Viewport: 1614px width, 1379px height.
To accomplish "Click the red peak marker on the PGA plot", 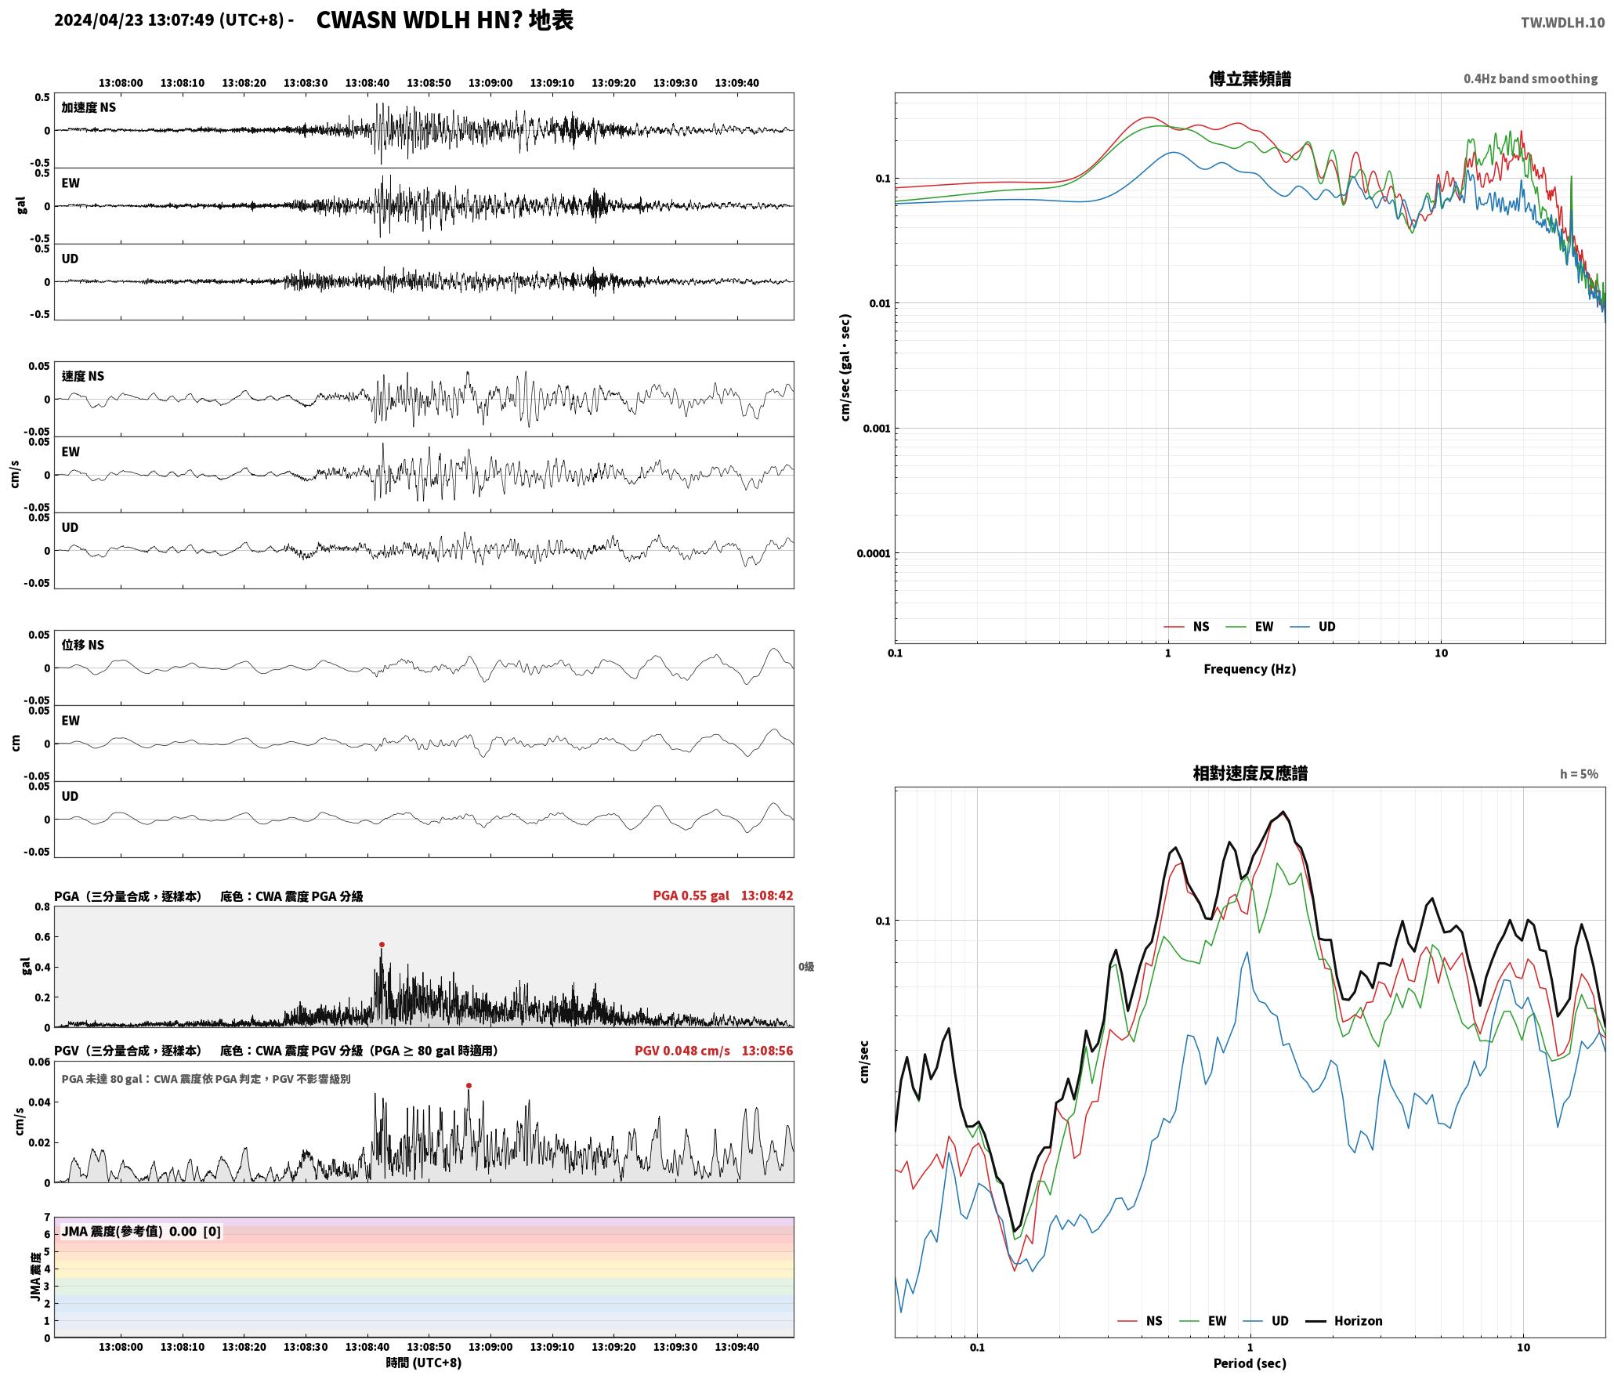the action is point(382,945).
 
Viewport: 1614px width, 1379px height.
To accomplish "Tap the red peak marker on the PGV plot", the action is point(469,1086).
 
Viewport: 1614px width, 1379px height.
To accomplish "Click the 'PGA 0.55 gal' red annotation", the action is point(691,896).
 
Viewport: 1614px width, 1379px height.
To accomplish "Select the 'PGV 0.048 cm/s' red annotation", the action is point(682,1051).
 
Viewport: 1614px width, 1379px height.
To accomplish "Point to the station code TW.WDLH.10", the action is point(1562,23).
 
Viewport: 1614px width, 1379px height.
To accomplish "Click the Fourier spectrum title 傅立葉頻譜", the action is point(1250,79).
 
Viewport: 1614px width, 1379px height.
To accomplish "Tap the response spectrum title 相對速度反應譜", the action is point(1250,773).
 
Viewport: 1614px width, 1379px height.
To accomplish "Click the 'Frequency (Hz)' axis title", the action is point(1250,669).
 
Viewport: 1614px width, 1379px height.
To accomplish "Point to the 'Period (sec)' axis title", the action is point(1250,1363).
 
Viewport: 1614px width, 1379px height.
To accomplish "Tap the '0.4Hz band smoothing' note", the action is point(1530,79).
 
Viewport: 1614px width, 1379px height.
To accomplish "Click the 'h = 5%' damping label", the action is point(1579,774).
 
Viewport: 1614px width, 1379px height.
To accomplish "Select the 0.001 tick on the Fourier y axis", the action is point(877,429).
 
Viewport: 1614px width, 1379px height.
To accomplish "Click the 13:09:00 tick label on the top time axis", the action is point(490,83).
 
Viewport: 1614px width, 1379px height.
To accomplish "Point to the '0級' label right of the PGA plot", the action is point(806,967).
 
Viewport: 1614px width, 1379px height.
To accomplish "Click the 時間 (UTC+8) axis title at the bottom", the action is point(424,1363).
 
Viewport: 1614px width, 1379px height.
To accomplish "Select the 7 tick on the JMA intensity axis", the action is point(47,1218).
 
